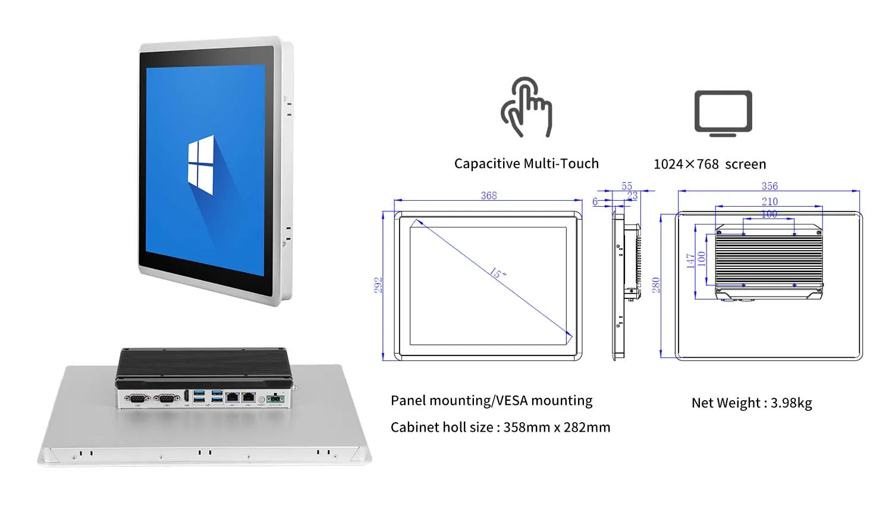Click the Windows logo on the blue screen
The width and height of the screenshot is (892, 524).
[x=201, y=166]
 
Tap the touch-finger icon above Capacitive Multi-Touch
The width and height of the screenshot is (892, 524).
[x=526, y=108]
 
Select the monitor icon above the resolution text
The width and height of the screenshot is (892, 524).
[x=723, y=113]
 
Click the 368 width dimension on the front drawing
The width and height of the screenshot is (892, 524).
[x=489, y=195]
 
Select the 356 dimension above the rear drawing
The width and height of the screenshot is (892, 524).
[x=769, y=186]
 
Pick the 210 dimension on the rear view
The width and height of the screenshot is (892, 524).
[x=769, y=202]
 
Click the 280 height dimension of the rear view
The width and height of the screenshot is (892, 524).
[x=656, y=285]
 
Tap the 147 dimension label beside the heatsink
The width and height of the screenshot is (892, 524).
[x=690, y=260]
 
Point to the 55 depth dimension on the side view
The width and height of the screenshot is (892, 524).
[x=627, y=186]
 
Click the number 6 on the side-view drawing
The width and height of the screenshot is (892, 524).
[x=595, y=202]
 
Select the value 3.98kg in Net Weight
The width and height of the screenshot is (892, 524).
[x=792, y=403]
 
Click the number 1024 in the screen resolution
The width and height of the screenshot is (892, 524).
[x=668, y=164]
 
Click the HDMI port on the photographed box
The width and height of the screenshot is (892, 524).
[x=187, y=397]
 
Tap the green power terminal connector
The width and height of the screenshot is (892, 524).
[x=275, y=398]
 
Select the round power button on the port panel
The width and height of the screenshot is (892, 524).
[x=261, y=398]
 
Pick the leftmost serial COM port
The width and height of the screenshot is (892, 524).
[x=137, y=398]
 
